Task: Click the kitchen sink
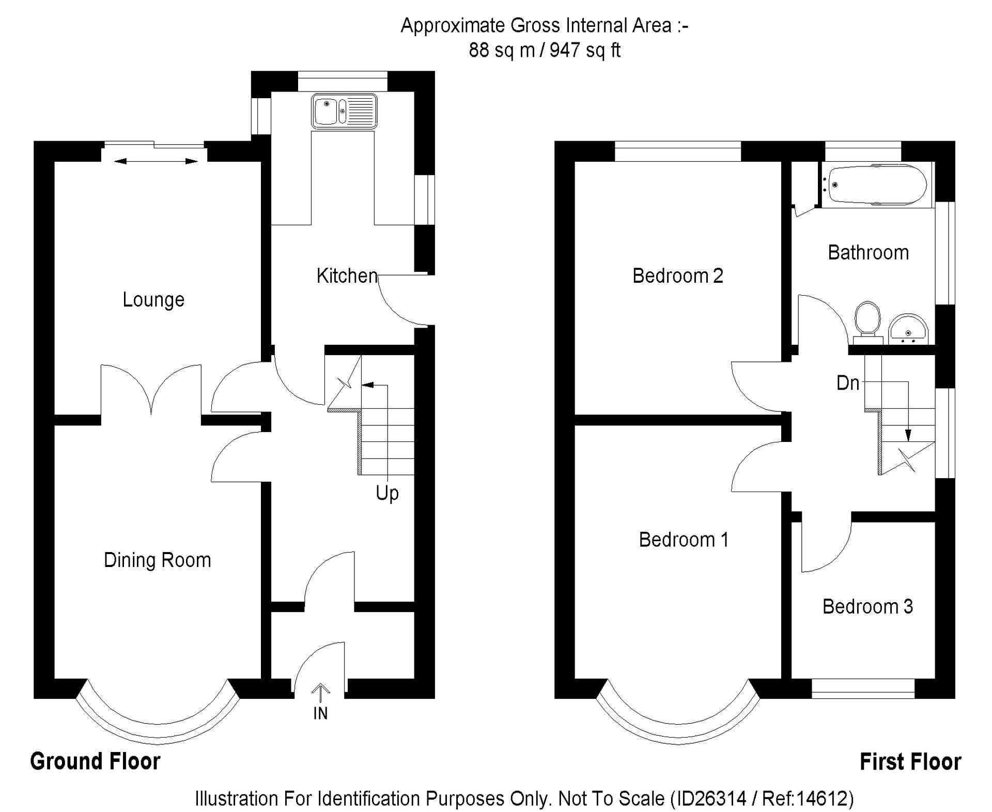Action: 344,111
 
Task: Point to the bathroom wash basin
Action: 908,329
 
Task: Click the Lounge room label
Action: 153,300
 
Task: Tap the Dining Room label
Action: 158,560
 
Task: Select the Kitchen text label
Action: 347,275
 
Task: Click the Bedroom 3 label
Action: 867,606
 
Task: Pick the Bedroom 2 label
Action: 677,275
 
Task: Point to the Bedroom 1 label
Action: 683,540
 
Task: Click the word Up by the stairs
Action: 387,493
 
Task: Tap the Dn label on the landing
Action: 848,383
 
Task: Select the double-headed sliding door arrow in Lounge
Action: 156,162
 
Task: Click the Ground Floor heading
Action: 95,761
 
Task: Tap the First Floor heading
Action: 910,762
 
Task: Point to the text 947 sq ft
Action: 585,50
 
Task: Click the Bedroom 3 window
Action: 863,688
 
